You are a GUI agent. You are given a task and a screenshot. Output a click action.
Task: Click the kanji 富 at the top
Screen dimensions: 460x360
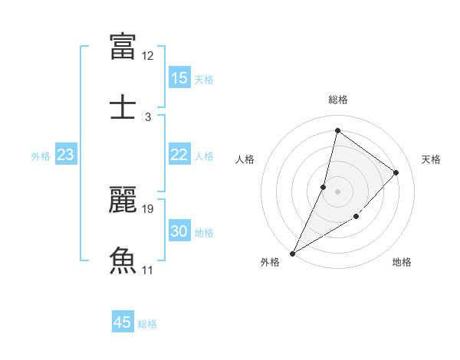[x=123, y=46]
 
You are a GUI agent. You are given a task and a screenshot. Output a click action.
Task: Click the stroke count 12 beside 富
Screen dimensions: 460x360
[x=148, y=56]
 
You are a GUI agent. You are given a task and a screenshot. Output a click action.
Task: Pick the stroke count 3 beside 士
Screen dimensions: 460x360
[x=148, y=117]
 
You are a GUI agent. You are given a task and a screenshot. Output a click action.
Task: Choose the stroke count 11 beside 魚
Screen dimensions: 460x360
[x=148, y=270]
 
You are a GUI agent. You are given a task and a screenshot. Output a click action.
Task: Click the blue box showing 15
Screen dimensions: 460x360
[x=179, y=78]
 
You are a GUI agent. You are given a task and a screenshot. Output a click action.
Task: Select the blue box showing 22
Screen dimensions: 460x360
[x=179, y=155]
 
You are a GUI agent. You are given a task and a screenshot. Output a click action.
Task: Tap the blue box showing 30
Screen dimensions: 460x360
[x=179, y=231]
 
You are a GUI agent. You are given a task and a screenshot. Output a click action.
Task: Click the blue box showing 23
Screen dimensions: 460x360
[x=66, y=155]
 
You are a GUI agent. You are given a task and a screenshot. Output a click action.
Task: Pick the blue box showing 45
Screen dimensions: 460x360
[x=123, y=322]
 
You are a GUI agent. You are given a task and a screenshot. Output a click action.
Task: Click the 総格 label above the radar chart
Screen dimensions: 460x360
[x=338, y=100]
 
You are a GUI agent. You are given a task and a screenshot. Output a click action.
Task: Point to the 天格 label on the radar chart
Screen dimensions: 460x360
[x=431, y=159]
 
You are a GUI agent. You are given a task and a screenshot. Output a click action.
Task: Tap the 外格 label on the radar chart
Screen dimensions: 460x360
[x=270, y=262]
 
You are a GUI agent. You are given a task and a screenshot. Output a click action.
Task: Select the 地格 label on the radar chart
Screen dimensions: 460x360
[x=402, y=262]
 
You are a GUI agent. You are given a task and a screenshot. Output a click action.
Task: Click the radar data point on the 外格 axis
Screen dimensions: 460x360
[x=292, y=254]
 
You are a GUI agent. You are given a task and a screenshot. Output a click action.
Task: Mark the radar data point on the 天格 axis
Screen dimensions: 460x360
[x=396, y=172]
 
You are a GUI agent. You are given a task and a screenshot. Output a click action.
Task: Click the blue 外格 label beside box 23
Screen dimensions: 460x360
[x=41, y=155]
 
